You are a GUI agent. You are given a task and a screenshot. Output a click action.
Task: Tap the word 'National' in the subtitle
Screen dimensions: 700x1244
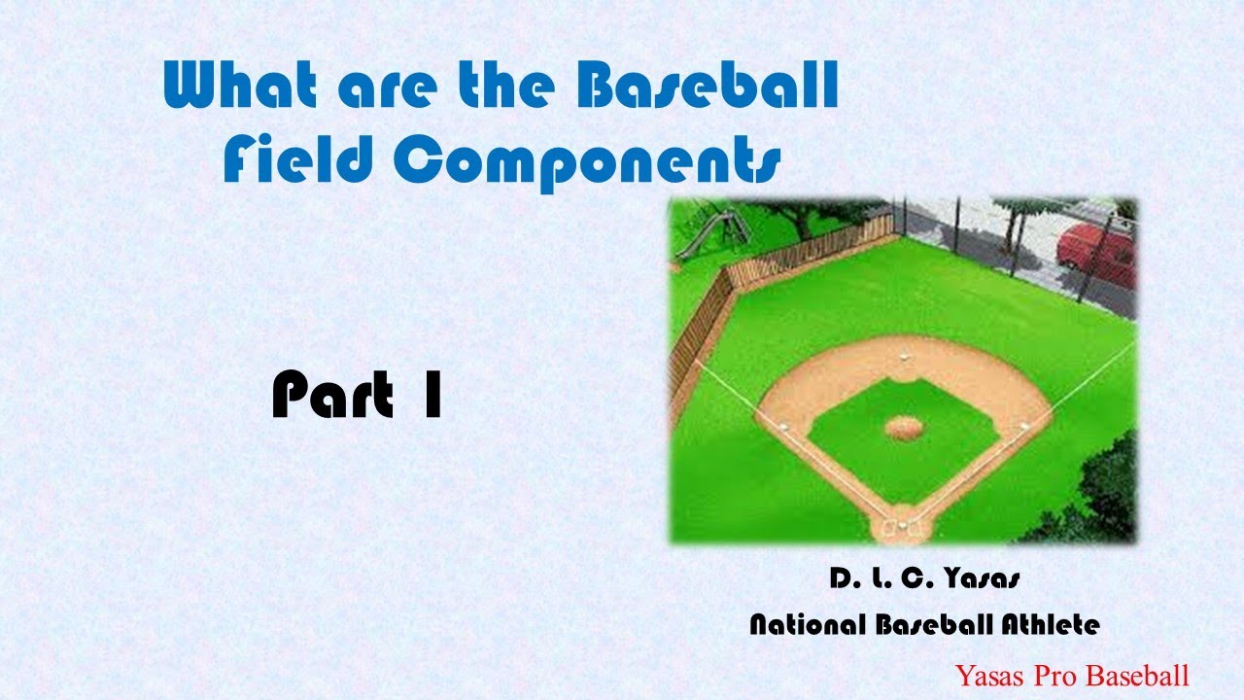click(x=808, y=625)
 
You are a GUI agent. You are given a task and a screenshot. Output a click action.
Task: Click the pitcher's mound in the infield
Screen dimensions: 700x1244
click(x=904, y=426)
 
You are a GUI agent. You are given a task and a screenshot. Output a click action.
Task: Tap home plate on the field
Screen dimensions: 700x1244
click(x=903, y=526)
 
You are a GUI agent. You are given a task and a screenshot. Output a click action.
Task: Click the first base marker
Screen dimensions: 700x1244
click(x=1023, y=425)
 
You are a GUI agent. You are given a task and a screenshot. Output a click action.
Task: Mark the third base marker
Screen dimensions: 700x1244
click(x=783, y=426)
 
